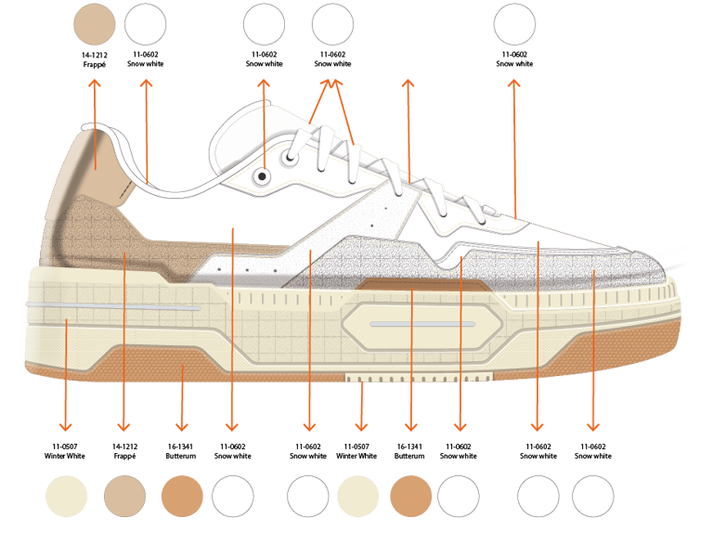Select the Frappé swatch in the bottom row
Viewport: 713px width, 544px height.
[124, 497]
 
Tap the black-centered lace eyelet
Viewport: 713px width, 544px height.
[263, 175]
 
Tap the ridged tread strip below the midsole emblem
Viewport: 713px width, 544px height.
[418, 376]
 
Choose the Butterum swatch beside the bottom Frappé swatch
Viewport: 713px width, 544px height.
[181, 497]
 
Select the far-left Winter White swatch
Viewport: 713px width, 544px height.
[66, 497]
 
